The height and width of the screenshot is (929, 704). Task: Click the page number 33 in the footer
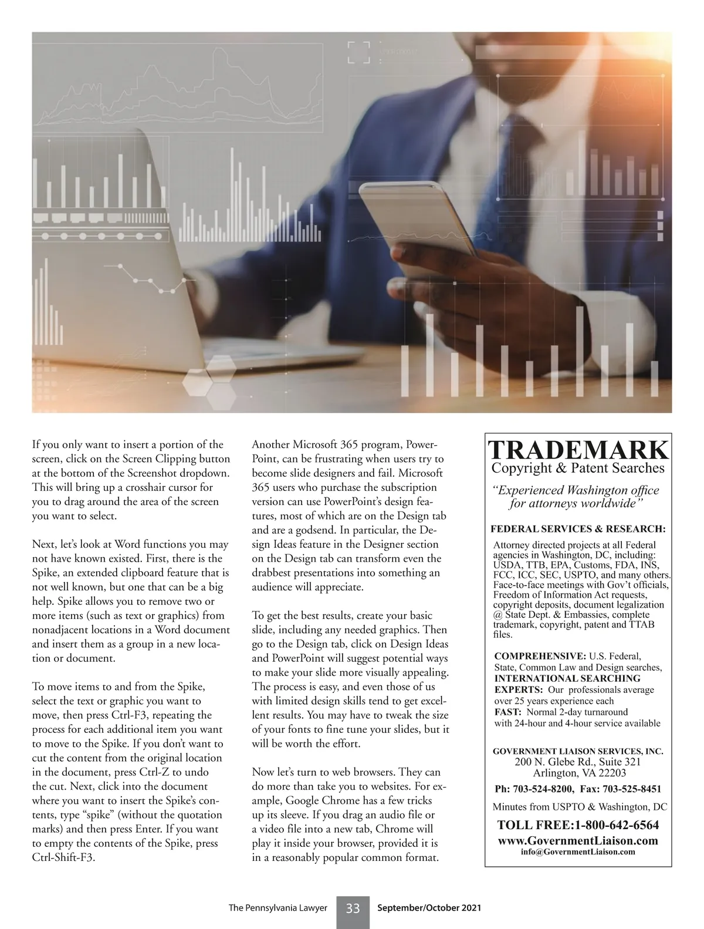353,908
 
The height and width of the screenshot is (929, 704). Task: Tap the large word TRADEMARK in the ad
578,450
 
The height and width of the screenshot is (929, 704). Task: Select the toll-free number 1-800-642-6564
616,825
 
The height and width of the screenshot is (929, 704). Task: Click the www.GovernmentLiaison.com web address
578,840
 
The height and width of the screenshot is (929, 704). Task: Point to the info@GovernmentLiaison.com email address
578,851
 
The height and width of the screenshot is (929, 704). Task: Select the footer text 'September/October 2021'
429,908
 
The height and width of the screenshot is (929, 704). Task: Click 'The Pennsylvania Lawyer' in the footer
277,908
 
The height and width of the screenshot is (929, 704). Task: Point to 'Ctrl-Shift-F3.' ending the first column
63,857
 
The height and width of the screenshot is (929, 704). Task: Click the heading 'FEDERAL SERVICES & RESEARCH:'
578,529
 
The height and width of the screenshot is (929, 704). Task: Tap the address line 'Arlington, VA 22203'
579,773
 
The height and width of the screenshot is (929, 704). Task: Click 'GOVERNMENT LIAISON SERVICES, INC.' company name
578,751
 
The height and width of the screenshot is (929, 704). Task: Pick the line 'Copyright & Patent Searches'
578,468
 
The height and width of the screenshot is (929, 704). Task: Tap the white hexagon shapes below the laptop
208,376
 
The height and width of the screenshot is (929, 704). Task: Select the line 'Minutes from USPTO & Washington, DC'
580,807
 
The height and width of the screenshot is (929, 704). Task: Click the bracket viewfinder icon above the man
359,52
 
